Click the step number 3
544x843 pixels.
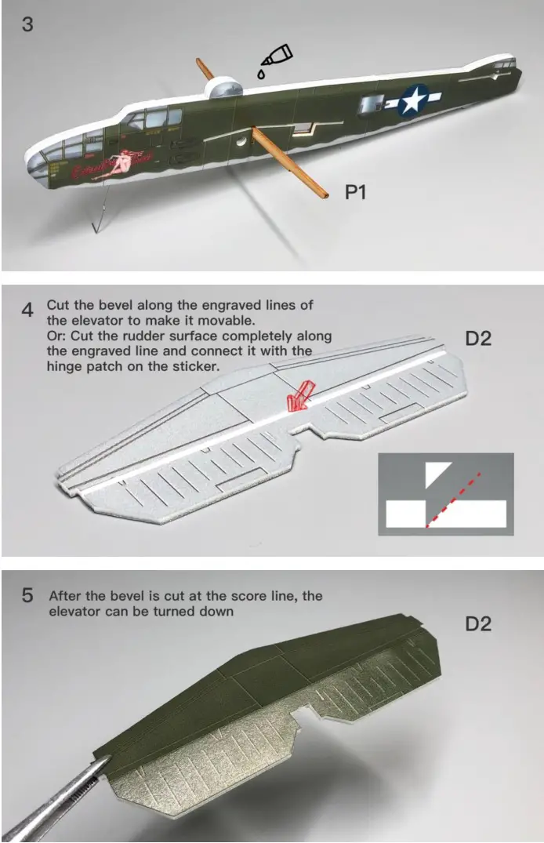pyautogui.click(x=27, y=24)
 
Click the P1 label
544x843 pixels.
pyautogui.click(x=355, y=192)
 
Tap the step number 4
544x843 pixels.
pyautogui.click(x=27, y=311)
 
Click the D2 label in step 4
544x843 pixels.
pyautogui.click(x=478, y=339)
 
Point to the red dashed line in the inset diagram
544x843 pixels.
pyautogui.click(x=452, y=500)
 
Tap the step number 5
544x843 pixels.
pyautogui.click(x=27, y=596)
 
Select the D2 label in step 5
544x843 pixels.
pyautogui.click(x=478, y=623)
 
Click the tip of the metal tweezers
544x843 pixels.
pyautogui.click(x=108, y=758)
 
